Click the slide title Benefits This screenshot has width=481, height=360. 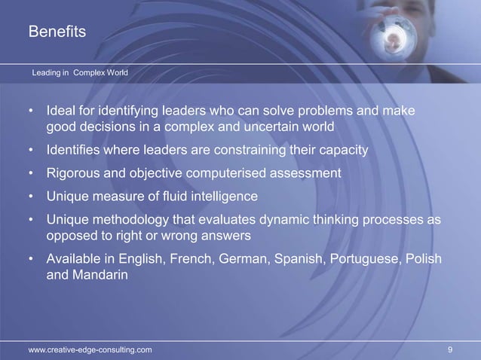57,32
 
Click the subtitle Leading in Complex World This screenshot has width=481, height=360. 79,73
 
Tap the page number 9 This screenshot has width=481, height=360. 450,349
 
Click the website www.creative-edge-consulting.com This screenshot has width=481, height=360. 90,349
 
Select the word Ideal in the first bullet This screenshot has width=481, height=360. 63,112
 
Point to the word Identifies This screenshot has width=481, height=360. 77,150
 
